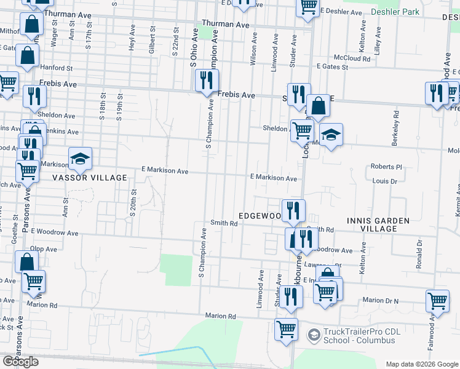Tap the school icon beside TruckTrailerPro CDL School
pos(313,335)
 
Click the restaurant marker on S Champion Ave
pos(207,80)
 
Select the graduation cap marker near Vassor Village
pos(79,159)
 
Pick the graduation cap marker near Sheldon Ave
pos(331,135)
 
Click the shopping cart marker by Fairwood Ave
pos(437,301)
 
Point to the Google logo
pos(20,362)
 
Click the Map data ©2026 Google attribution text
pos(421,363)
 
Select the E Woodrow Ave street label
pos(55,233)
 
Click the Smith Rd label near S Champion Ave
pos(224,223)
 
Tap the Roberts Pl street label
pos(386,167)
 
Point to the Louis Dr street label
pos(386,181)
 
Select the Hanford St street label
pos(57,68)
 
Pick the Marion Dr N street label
pos(381,300)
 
